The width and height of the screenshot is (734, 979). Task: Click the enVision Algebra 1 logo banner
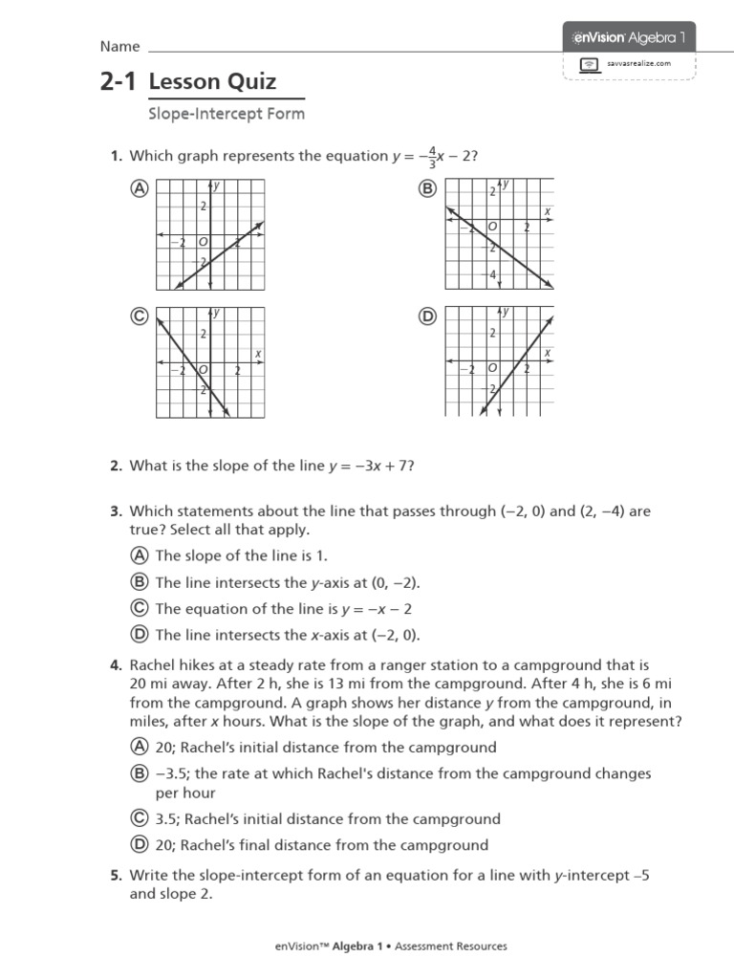pos(629,37)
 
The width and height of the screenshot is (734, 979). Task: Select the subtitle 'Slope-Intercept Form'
pos(227,114)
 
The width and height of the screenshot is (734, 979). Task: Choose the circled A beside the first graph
pos(140,189)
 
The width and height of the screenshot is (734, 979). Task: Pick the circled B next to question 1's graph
pos(427,189)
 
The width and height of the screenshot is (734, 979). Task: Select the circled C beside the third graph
pos(140,317)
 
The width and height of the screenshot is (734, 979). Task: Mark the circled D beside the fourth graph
pos(427,317)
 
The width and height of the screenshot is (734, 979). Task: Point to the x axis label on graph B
pos(548,211)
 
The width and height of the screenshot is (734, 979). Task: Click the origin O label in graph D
pos(491,367)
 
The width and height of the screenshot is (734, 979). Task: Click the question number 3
pos(115,511)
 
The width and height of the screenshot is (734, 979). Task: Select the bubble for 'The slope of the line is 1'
pos(140,555)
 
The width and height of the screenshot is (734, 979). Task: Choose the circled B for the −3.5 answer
pos(140,773)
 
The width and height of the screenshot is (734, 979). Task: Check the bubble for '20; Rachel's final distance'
pos(140,845)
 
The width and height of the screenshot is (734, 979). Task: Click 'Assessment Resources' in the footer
pos(450,946)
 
